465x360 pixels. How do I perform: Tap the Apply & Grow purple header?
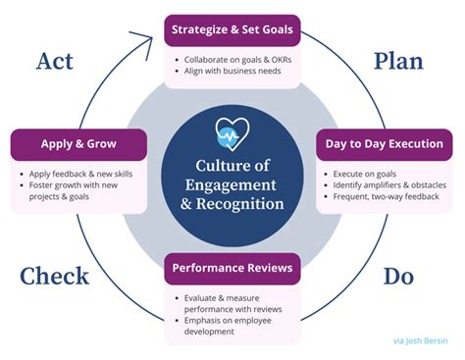(77, 143)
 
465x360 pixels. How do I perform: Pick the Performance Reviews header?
(232, 267)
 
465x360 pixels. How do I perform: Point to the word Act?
(54, 61)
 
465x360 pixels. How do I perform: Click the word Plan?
(398, 61)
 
